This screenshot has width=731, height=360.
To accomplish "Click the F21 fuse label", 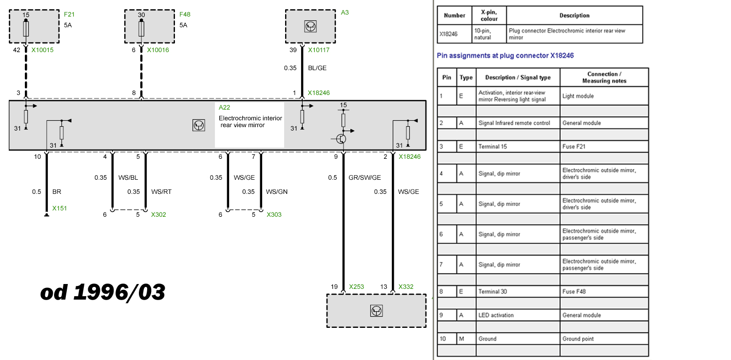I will coord(69,15).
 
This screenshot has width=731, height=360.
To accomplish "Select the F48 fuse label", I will coord(185,15).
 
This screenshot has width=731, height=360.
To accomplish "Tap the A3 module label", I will coord(345,12).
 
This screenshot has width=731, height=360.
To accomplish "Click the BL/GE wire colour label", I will coord(317,68).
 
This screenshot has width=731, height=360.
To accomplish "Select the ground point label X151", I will coord(59,208).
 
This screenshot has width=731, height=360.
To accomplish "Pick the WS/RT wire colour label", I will coord(161,192).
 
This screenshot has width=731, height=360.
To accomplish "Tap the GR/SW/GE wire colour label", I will coord(365,178).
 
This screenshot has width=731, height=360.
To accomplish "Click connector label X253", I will coord(357,287).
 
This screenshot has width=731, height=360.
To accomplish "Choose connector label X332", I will coord(406,287).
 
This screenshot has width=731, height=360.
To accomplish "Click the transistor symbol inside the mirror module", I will coord(342,139).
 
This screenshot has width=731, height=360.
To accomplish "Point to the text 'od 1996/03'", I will coord(102,292).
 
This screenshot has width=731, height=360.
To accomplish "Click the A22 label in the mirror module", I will coord(224,108).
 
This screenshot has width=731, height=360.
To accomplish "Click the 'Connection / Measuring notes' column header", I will coord(604,77).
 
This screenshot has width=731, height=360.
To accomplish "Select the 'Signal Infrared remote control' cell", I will coord(518,123).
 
